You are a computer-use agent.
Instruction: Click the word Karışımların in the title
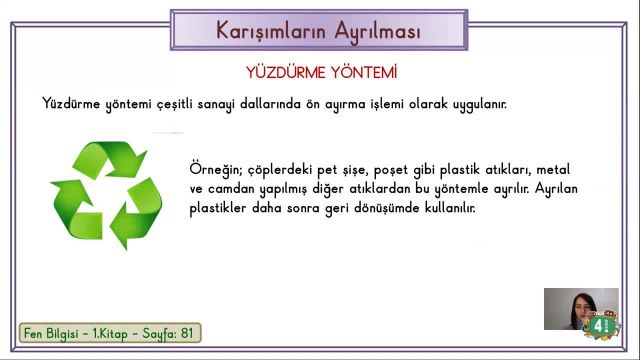pos(268,30)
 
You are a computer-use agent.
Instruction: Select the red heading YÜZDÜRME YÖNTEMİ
pos(321,73)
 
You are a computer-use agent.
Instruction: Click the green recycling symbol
pos(106,195)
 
